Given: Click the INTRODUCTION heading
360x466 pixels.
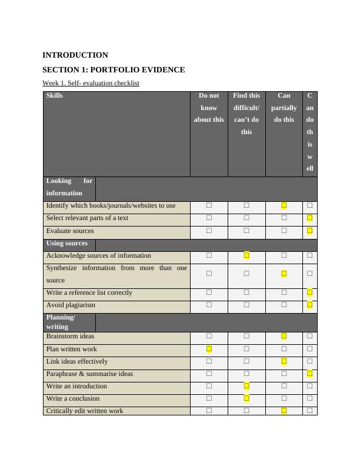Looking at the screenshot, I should click(75, 55).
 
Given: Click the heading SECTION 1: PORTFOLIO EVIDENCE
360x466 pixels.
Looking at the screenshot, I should click(114, 70).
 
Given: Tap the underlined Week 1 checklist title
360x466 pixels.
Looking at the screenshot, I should click(91, 84).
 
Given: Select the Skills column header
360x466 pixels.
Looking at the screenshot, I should click(55, 95).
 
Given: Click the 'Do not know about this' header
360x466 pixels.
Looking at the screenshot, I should click(209, 108).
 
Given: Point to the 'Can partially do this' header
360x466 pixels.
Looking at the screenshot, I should click(284, 108).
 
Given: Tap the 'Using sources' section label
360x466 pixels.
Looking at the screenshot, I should click(67, 244).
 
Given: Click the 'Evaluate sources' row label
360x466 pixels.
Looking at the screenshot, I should click(70, 231).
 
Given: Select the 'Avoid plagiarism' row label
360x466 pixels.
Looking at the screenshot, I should click(71, 305).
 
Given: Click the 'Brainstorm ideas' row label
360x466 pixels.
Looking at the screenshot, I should click(70, 337).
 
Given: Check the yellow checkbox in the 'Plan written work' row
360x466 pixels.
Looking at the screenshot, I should click(209, 349).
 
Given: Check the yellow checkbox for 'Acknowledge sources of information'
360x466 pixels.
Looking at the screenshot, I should click(246, 255).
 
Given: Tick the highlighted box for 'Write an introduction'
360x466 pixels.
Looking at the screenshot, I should click(246, 386).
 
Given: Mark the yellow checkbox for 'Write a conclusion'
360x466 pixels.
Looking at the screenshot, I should click(246, 398).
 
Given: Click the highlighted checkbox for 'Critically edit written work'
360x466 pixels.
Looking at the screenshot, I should click(284, 411).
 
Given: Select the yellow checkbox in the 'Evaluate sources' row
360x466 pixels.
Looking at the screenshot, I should click(309, 231).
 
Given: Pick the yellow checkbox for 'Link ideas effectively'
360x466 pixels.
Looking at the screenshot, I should click(284, 361).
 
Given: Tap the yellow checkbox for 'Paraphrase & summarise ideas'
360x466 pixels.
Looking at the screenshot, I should click(309, 374).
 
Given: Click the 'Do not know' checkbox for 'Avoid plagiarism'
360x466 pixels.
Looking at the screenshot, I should click(209, 305).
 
